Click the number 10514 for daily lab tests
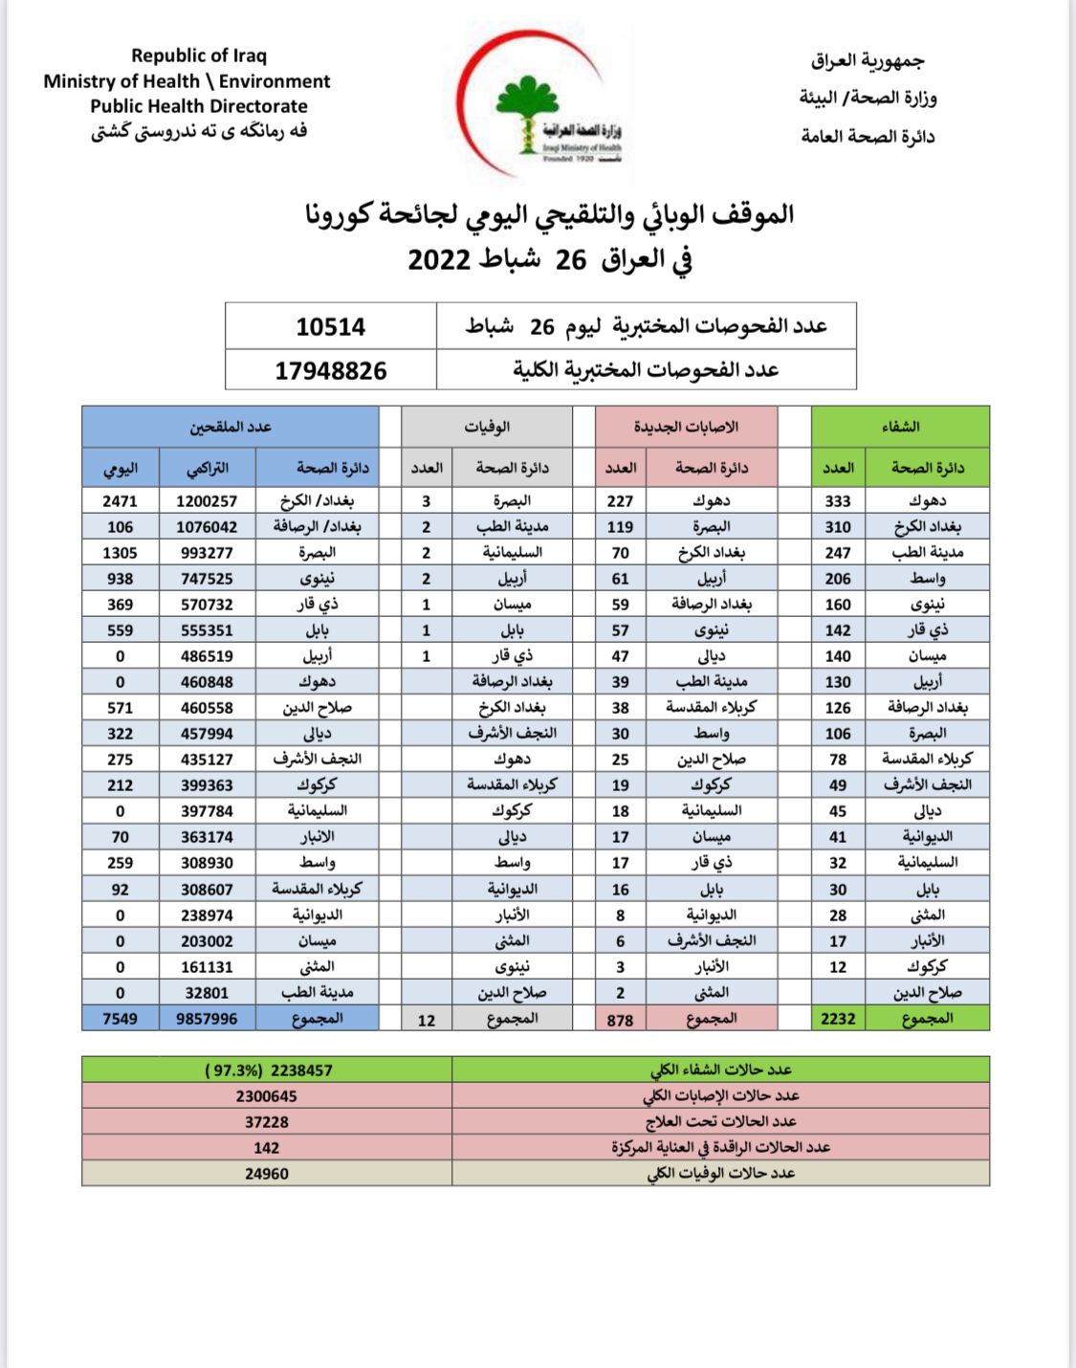click(x=330, y=327)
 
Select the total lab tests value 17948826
click(x=330, y=370)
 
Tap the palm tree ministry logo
click(x=527, y=113)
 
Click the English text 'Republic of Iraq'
click(x=199, y=55)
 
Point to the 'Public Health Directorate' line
click(x=199, y=106)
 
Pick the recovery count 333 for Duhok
click(x=838, y=501)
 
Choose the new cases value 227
click(x=620, y=501)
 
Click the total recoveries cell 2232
click(x=838, y=1019)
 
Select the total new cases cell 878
click(x=620, y=1020)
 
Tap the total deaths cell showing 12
click(x=427, y=1020)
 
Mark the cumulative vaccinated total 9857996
click(x=207, y=1019)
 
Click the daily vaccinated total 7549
click(x=120, y=1019)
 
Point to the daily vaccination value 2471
click(x=120, y=501)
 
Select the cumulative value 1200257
click(x=207, y=501)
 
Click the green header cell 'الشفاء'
click(x=900, y=427)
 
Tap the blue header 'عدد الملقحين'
click(x=231, y=427)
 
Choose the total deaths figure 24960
click(x=266, y=1174)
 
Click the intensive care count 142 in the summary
click(x=266, y=1148)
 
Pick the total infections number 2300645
click(x=266, y=1096)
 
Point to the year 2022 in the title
click(x=439, y=260)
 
